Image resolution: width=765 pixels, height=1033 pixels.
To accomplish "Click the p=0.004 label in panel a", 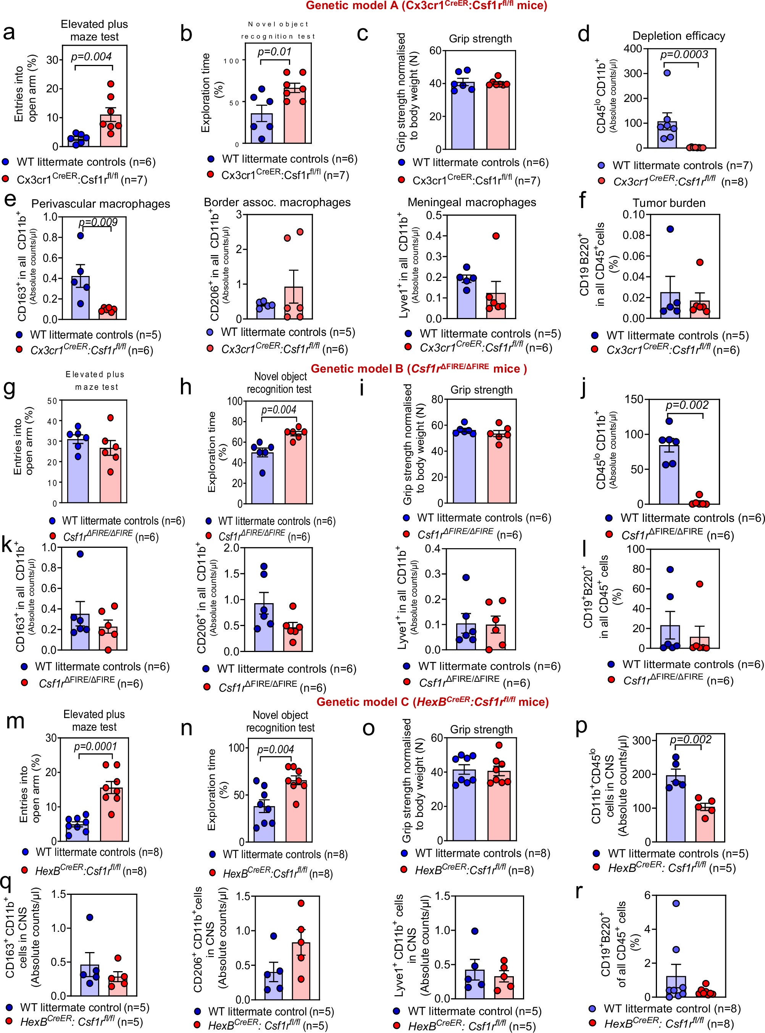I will pos(91,56).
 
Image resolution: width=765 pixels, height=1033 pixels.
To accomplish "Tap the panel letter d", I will pos(584,35).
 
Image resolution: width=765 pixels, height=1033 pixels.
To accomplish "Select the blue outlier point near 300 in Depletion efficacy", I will pos(667,73).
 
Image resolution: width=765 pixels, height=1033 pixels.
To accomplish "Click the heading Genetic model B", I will pos(419,368).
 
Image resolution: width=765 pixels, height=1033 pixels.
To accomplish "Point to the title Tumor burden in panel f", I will pos(669,203).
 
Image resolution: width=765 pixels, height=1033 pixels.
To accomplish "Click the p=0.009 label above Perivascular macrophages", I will pos(98,222).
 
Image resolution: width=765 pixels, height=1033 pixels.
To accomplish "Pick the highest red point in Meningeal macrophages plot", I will pos(496,236).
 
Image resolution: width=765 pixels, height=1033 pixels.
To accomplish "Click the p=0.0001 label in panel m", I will pos(96,746).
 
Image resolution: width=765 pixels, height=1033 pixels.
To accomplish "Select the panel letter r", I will pos(578,891).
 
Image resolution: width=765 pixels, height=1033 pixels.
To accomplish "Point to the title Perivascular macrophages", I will pos(100,204).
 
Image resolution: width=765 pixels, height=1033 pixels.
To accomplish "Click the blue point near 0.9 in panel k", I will pos(81,554).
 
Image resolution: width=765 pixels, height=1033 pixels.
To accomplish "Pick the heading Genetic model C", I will pos(433,702).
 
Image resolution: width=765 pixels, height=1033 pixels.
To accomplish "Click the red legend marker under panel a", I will pos(6,179).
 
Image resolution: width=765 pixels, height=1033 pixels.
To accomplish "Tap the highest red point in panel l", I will pos(699,584).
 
